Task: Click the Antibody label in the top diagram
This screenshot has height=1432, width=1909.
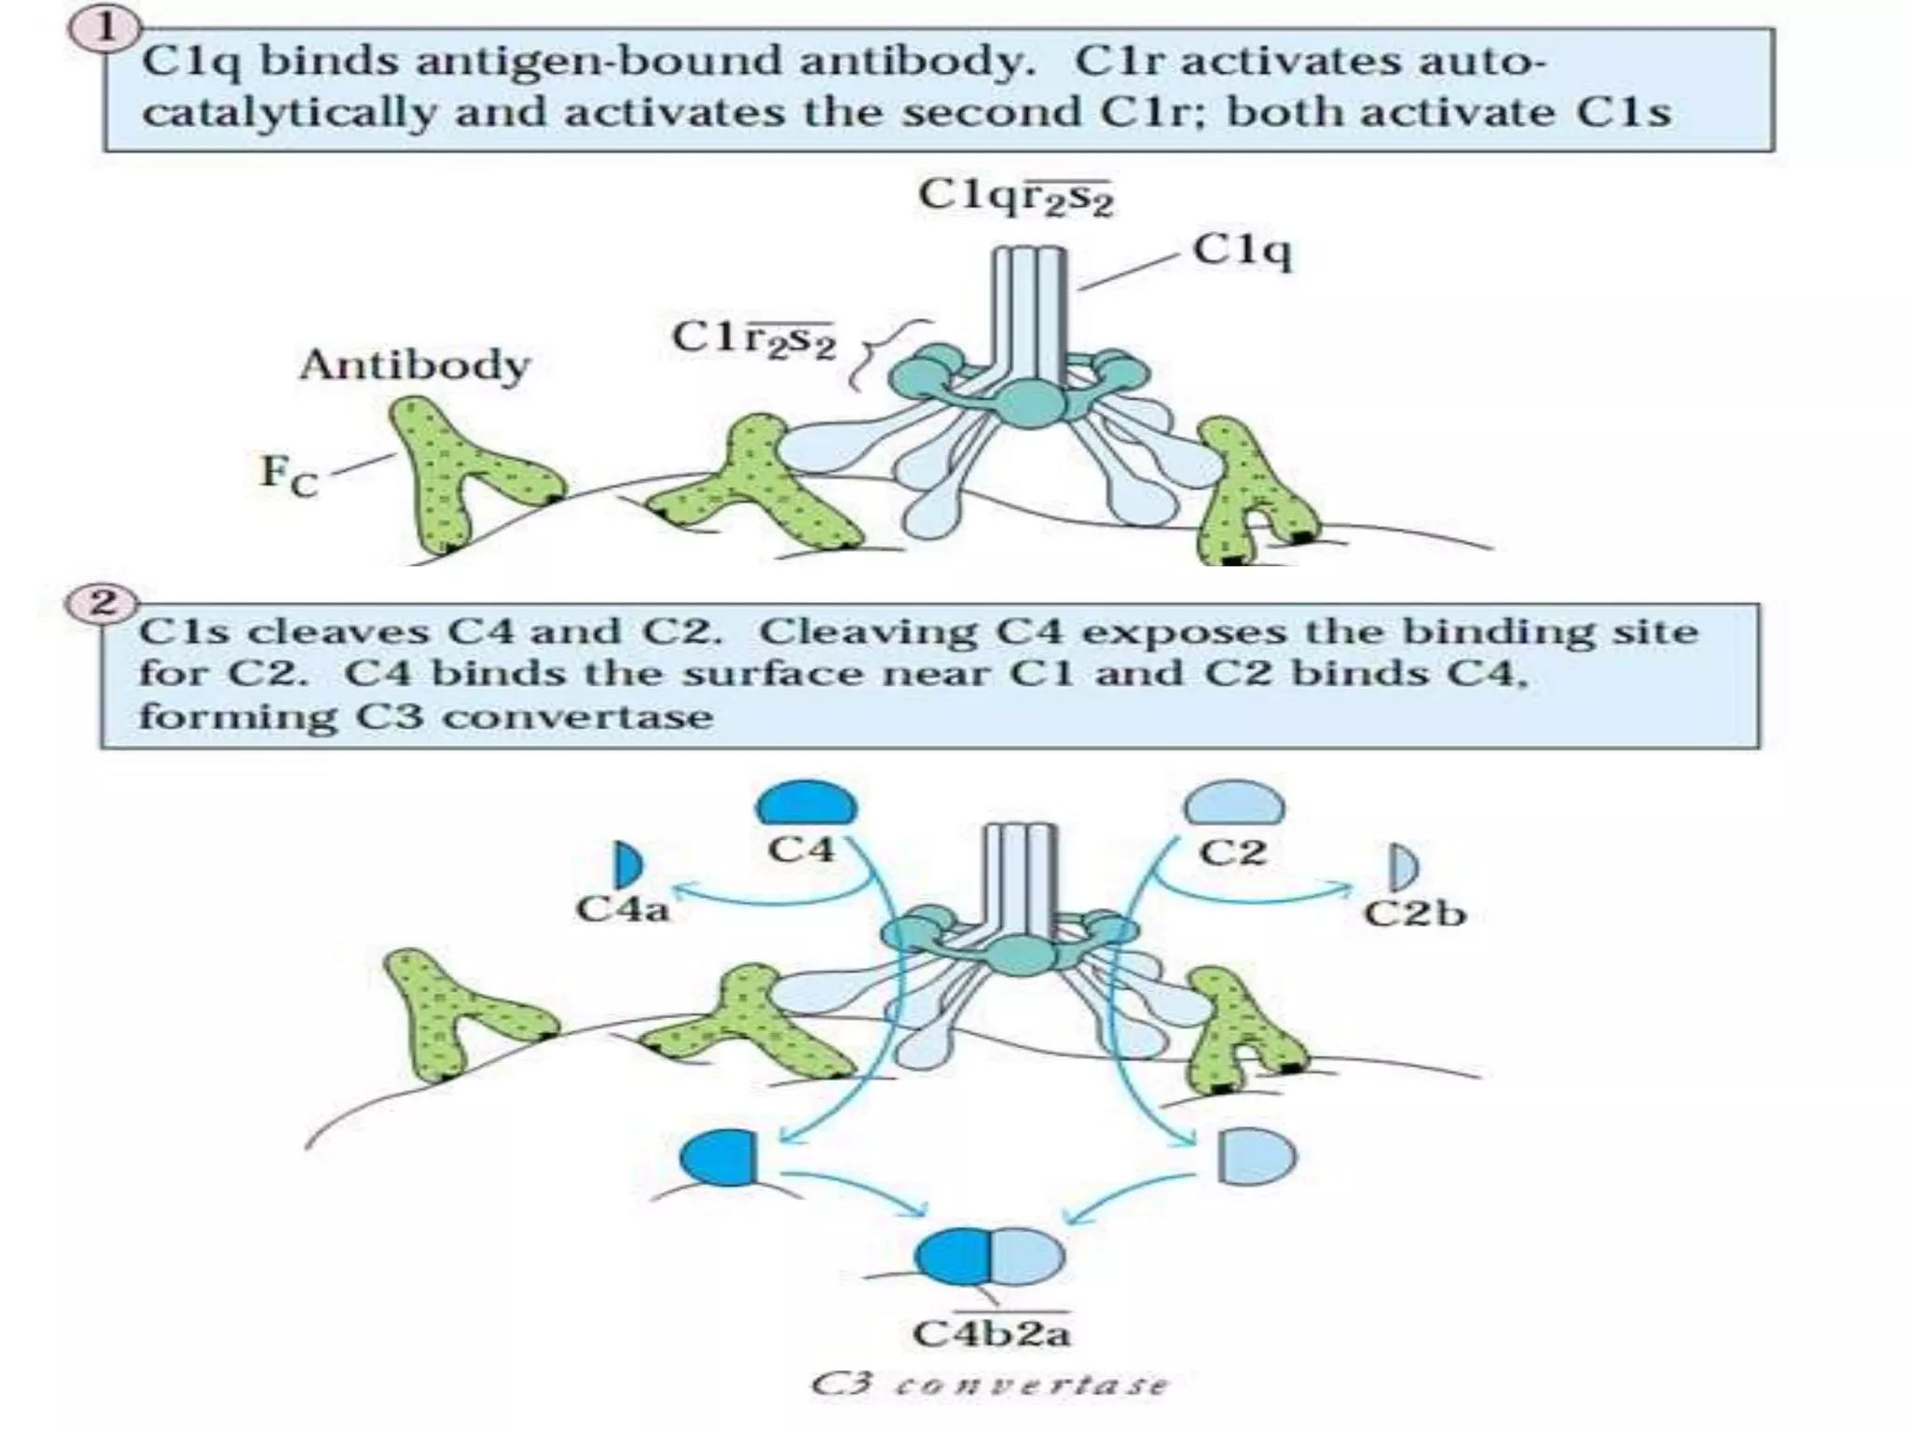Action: tap(414, 365)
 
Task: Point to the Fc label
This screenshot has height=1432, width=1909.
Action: tap(288, 474)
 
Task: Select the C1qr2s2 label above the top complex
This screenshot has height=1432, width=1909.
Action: tap(1015, 197)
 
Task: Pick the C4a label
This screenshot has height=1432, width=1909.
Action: tap(623, 909)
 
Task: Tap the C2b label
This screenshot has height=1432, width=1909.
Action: tap(1414, 913)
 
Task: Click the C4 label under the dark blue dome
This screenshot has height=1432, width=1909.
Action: tap(801, 850)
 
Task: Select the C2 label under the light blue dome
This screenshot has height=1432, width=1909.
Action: tap(1232, 851)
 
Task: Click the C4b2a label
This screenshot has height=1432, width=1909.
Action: tap(991, 1334)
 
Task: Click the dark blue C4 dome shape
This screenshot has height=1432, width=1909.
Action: tap(806, 805)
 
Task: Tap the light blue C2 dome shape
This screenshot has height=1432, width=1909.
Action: tap(1233, 805)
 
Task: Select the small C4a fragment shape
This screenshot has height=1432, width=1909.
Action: tap(627, 865)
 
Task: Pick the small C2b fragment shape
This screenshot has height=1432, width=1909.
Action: tap(1402, 867)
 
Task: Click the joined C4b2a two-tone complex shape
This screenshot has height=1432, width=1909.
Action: tap(989, 1256)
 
